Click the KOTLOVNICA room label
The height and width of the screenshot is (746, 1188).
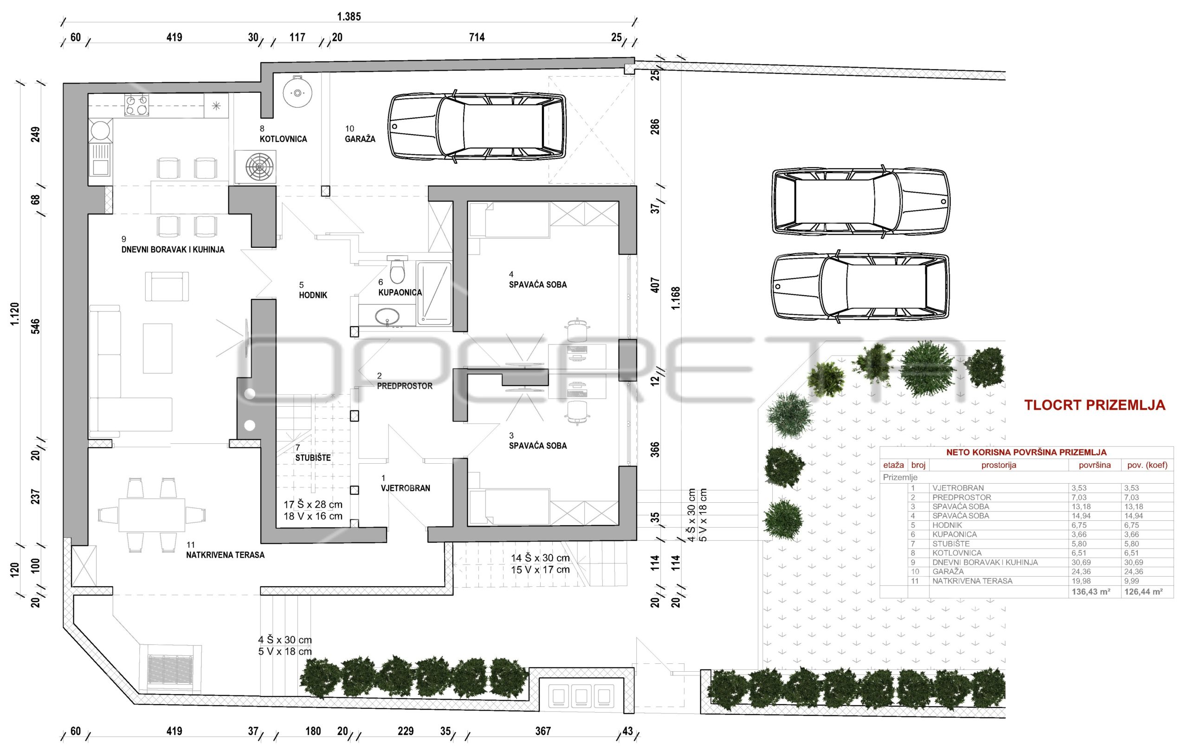point(283,139)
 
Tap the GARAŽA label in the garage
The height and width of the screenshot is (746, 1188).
point(360,139)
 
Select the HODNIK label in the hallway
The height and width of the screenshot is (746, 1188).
point(313,295)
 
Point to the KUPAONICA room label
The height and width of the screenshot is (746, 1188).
point(400,292)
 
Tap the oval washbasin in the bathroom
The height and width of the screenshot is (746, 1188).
point(388,316)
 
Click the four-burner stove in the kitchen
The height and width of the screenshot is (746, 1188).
point(136,104)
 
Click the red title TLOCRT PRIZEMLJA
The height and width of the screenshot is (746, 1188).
point(1095,405)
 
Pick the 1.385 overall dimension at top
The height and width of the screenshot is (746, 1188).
point(349,17)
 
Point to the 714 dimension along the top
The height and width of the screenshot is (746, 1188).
point(477,37)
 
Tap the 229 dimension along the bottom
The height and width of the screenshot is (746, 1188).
point(406,731)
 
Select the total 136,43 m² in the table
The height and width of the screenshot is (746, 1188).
point(1091,591)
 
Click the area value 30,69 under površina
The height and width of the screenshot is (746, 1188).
point(1081,563)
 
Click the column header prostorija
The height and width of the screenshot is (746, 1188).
point(999,465)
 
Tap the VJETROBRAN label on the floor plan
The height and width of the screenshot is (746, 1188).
point(406,488)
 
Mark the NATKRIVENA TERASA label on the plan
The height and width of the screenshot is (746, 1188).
point(225,555)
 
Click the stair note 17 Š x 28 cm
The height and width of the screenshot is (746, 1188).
point(313,505)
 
